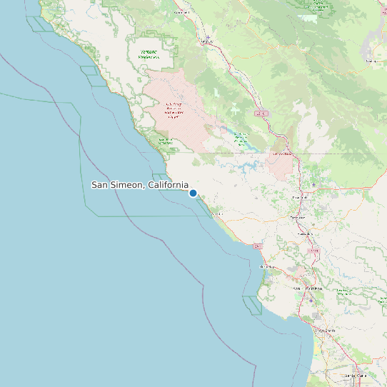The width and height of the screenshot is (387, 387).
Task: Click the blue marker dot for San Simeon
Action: tap(193, 193)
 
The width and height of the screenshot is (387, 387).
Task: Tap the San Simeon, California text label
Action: tap(140, 185)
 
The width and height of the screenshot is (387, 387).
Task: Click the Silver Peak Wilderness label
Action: tap(166, 141)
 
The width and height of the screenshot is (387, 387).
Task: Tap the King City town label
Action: tap(207, 41)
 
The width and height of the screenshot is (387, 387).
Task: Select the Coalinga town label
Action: tap(371, 61)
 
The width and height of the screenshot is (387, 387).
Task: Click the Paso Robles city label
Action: tap(300, 198)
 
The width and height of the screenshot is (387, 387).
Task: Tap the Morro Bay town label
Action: tap(267, 266)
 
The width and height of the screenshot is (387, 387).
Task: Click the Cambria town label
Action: tap(217, 213)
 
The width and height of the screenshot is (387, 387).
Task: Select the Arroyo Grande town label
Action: tap(326, 331)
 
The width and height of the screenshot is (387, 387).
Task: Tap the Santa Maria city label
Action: tap(354, 375)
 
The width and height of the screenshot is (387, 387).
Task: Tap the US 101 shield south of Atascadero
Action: tap(313, 251)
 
